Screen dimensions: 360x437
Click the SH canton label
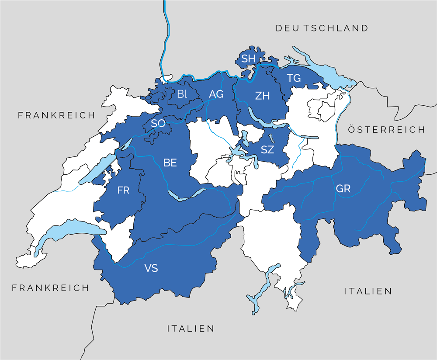[x=248, y=59]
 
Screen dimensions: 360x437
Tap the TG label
[x=294, y=78]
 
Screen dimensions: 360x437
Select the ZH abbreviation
[x=262, y=96]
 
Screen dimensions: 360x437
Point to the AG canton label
[x=216, y=94]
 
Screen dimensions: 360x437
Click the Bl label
[x=181, y=93]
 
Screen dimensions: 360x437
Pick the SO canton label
[x=158, y=124]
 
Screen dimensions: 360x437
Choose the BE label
[x=170, y=163]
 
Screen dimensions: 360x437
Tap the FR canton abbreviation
[x=124, y=190]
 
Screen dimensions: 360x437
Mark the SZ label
[x=267, y=150]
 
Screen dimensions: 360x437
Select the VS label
[x=151, y=268]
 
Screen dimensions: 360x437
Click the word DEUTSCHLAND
[x=322, y=28]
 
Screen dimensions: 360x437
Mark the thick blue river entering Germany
[x=166, y=39]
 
